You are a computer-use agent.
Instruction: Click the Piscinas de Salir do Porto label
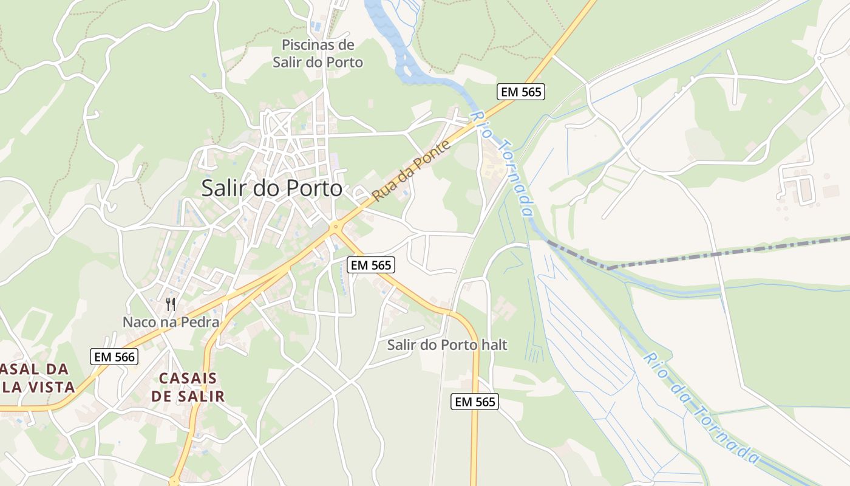[318, 53]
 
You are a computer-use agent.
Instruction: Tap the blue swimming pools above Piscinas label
[316, 26]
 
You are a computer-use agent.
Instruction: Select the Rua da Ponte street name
[413, 171]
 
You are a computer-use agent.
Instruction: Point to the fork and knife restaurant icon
[171, 304]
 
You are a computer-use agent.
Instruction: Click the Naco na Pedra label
[171, 322]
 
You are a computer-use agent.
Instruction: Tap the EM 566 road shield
[114, 357]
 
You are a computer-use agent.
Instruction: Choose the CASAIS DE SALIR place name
[188, 387]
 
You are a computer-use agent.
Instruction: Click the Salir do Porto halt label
[447, 345]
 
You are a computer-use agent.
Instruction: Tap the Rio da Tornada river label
[701, 408]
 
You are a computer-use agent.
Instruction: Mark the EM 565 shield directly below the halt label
[474, 402]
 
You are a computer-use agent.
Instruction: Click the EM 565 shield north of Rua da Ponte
[520, 92]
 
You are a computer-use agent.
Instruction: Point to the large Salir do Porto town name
[271, 188]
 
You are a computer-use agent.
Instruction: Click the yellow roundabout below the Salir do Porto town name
[335, 228]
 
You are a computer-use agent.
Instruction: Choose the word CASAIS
[188, 378]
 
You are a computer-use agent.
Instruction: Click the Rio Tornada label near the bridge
[503, 163]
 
